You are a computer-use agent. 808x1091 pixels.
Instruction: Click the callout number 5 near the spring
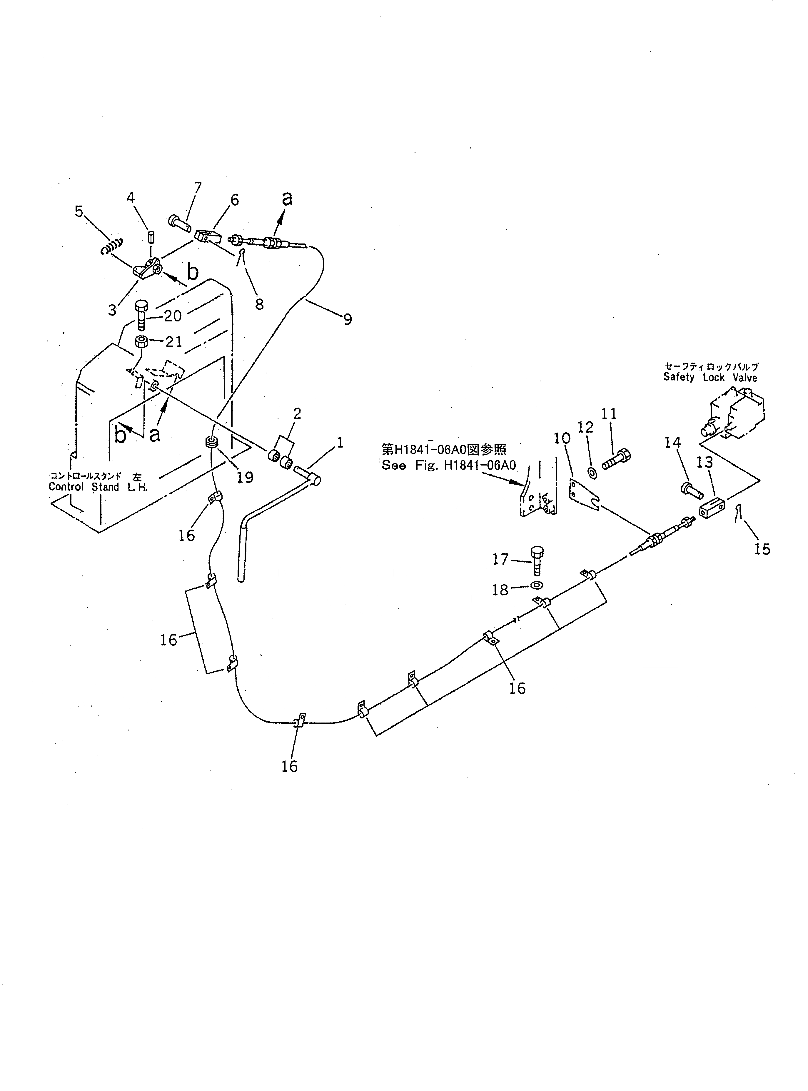pyautogui.click(x=79, y=211)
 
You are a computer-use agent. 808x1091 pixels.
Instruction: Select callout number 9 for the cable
pyautogui.click(x=347, y=319)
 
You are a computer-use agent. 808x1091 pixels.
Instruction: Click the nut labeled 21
pyautogui.click(x=142, y=341)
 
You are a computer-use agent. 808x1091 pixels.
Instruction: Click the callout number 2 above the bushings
pyautogui.click(x=297, y=413)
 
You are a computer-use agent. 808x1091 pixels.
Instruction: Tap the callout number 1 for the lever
pyautogui.click(x=340, y=443)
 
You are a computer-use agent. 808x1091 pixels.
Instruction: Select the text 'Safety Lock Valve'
pyautogui.click(x=710, y=377)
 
